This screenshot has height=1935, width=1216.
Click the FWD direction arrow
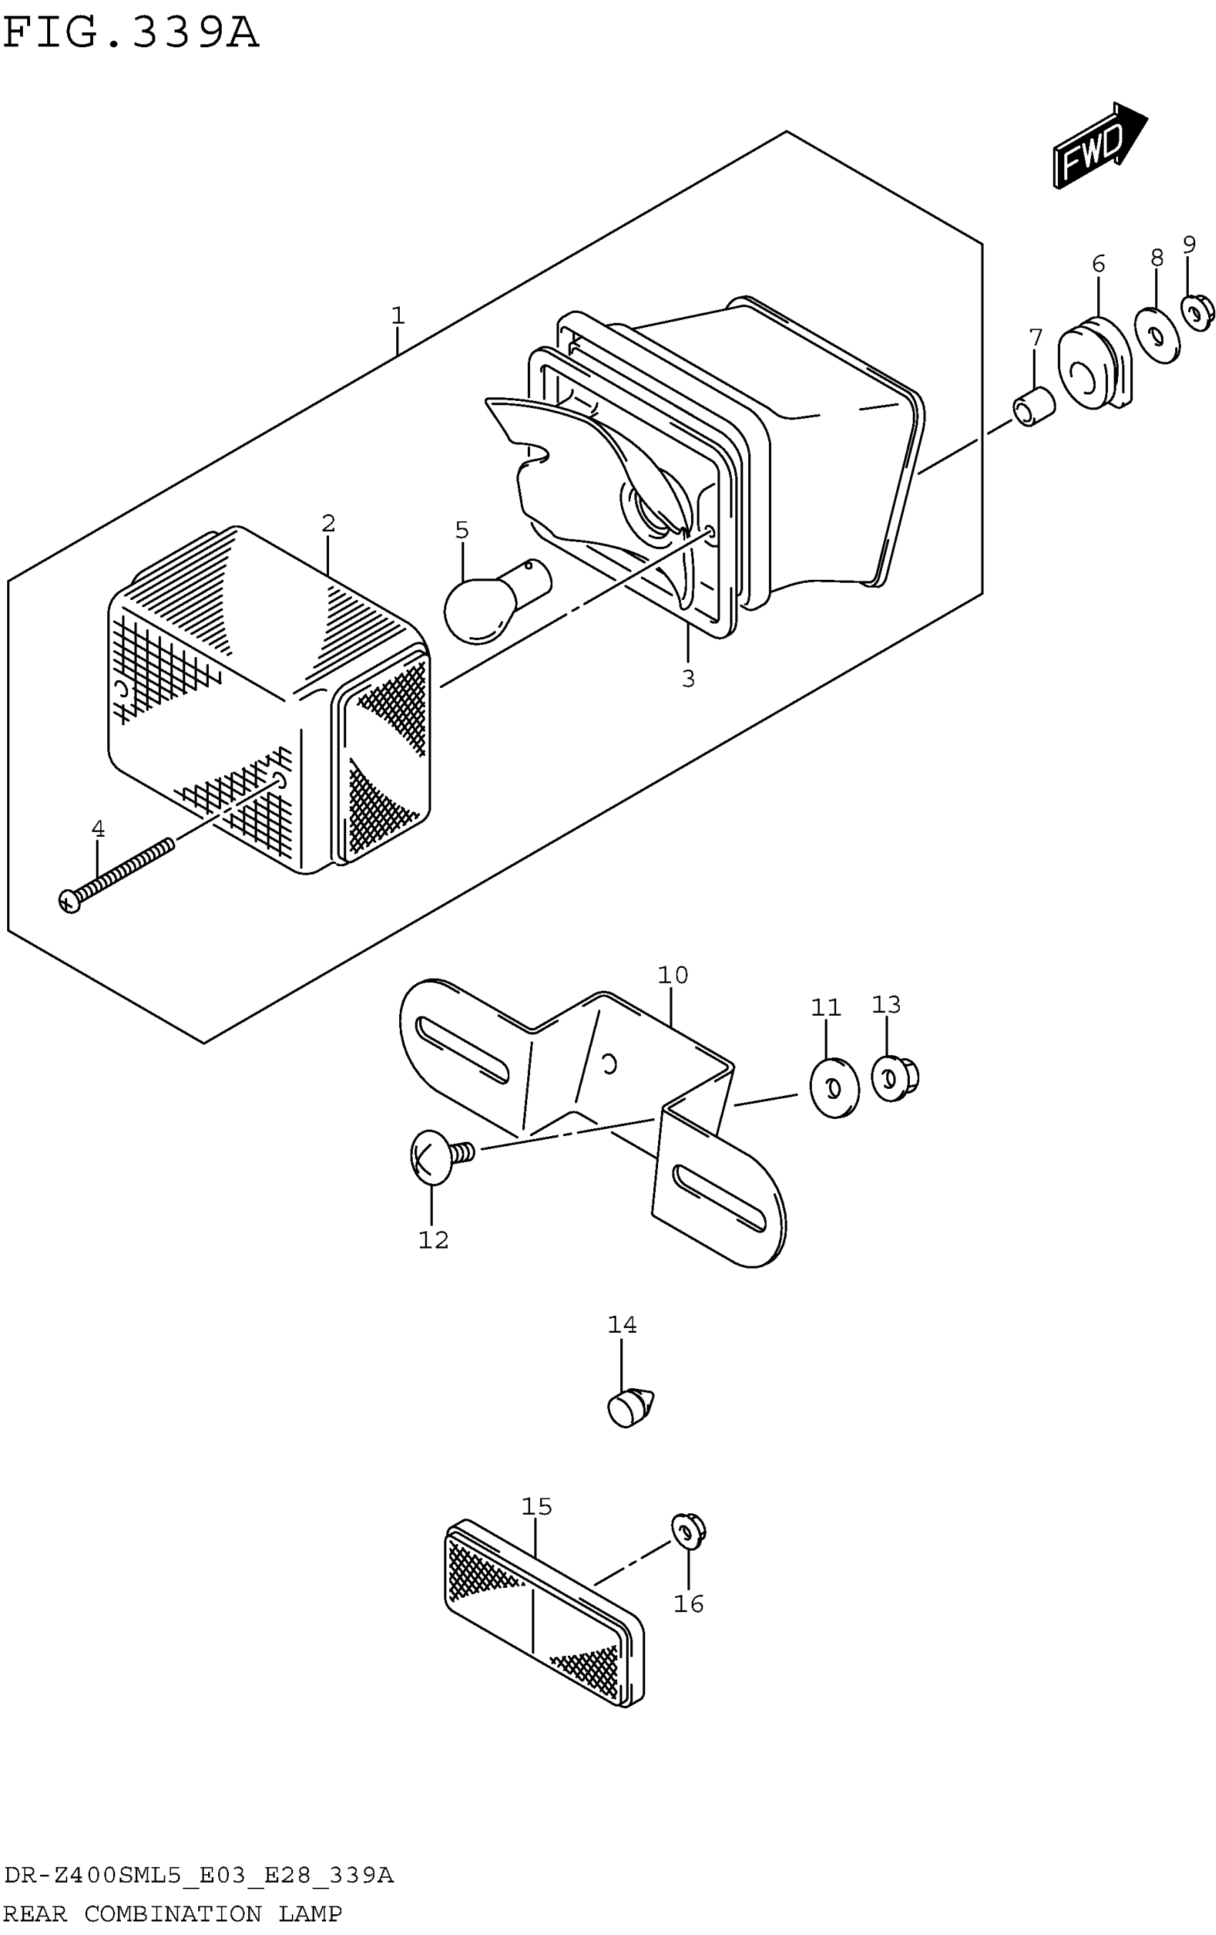(1098, 145)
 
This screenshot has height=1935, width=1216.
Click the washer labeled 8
(1156, 334)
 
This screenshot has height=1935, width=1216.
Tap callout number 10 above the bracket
(672, 975)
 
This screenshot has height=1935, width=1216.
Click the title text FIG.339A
(131, 34)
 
